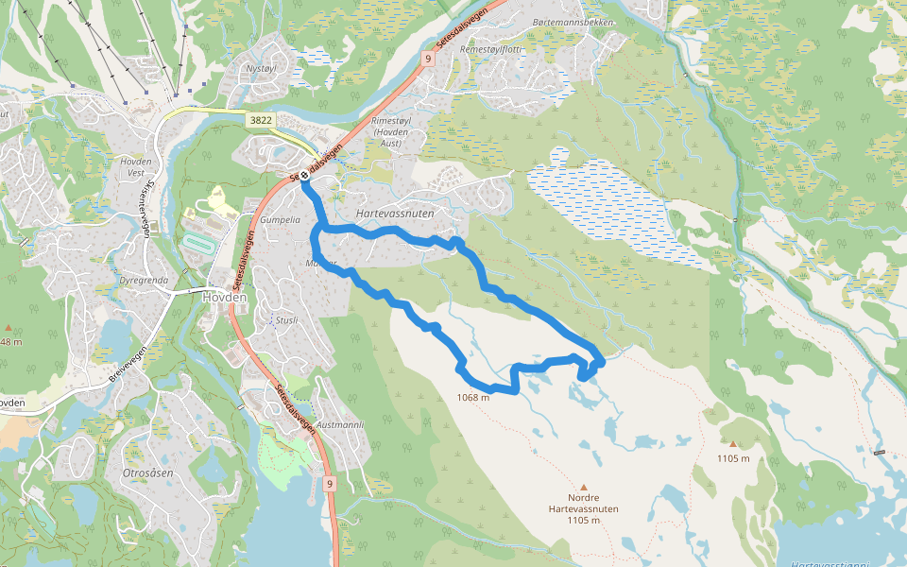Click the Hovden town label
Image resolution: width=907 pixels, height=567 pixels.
pyautogui.click(x=224, y=297)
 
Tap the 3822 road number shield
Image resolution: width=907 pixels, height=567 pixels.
pyautogui.click(x=262, y=120)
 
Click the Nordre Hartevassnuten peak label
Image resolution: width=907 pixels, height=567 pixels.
pyautogui.click(x=584, y=508)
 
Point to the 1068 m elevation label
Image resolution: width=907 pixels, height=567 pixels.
pyautogui.click(x=472, y=398)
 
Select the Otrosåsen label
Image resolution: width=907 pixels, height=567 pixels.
pyautogui.click(x=148, y=472)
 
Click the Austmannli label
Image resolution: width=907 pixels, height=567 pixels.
pyautogui.click(x=341, y=425)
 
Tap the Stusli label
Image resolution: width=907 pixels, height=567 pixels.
pyautogui.click(x=286, y=320)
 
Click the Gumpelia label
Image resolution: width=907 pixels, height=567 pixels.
pyautogui.click(x=280, y=219)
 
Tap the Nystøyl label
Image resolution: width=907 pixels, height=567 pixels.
pyautogui.click(x=262, y=69)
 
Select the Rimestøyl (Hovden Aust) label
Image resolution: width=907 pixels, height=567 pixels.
pyautogui.click(x=390, y=138)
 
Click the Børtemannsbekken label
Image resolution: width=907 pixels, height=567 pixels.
pyautogui.click(x=573, y=22)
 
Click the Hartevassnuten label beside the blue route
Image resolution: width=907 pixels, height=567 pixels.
pyautogui.click(x=395, y=215)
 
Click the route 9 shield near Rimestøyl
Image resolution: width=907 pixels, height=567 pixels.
pyautogui.click(x=427, y=59)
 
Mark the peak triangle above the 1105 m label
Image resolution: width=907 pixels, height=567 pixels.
pyautogui.click(x=732, y=443)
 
